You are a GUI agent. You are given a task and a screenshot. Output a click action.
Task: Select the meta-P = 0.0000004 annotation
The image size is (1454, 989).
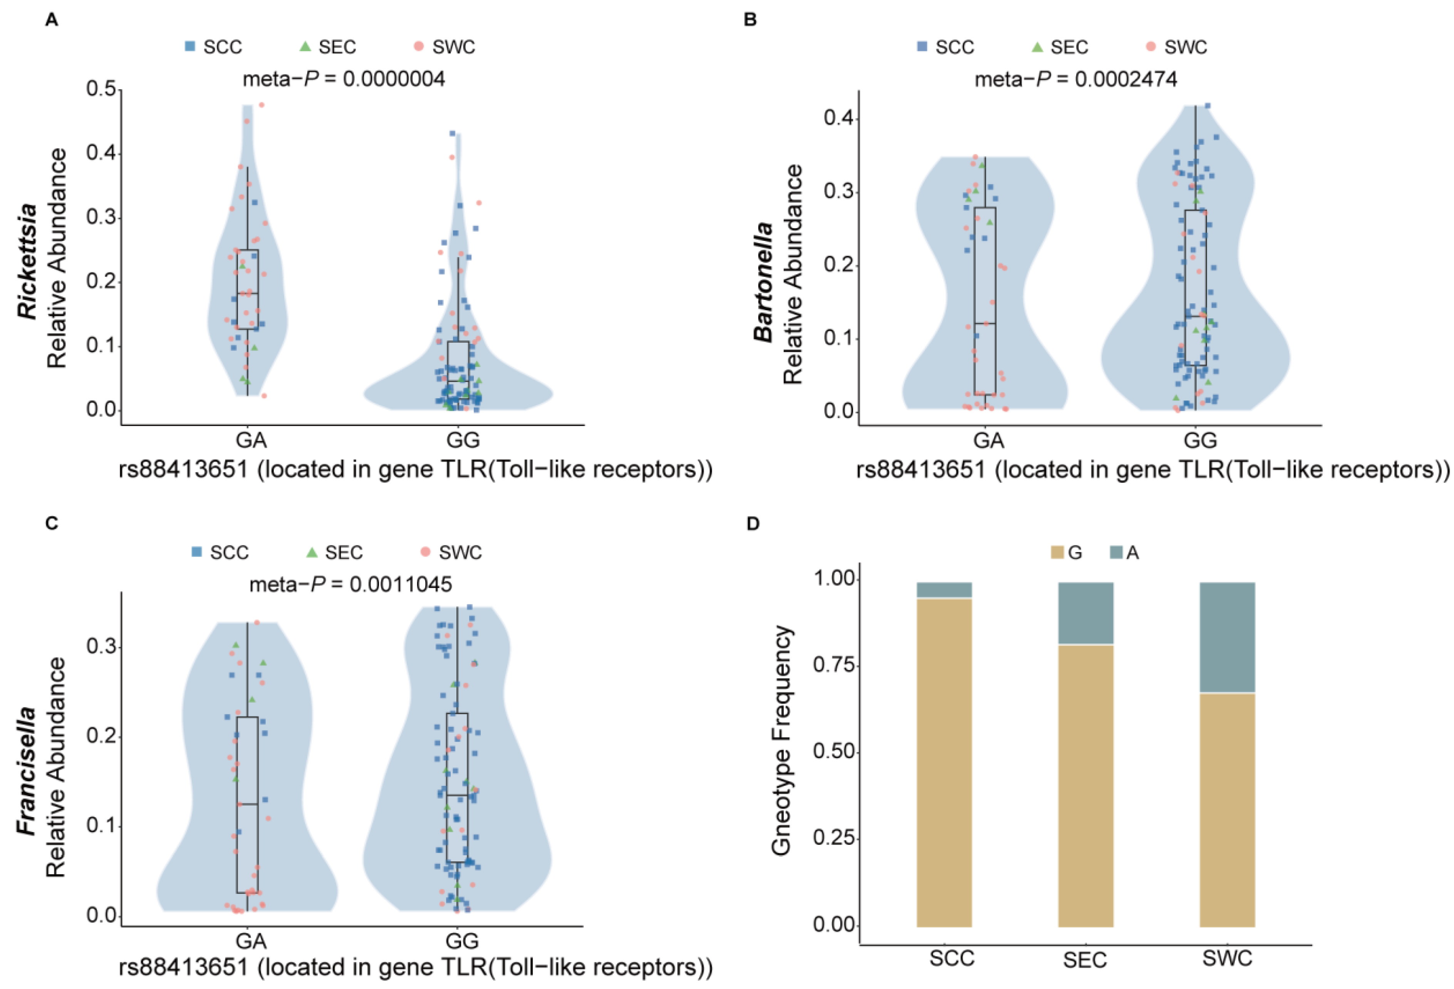click(x=344, y=79)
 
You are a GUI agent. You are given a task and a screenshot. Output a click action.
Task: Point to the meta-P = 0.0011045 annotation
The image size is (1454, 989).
click(x=351, y=585)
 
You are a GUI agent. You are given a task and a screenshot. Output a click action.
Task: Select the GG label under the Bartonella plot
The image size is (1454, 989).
click(x=1200, y=441)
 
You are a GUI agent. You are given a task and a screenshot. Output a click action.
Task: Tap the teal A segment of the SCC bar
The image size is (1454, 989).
click(x=944, y=590)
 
